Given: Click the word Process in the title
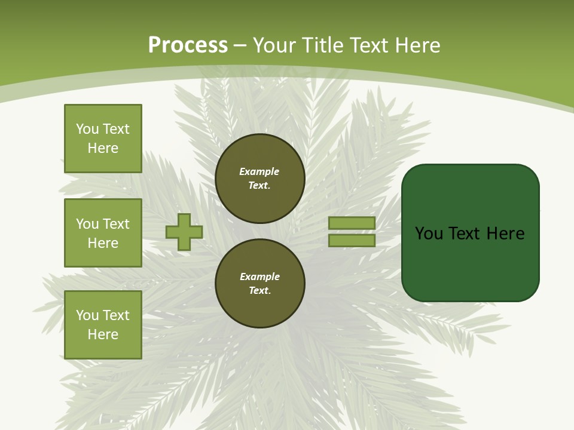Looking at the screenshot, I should coord(188,45).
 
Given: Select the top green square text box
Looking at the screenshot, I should coord(103,139).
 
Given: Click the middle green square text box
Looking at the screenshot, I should coord(103,233).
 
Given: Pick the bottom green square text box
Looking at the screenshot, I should coord(103,325).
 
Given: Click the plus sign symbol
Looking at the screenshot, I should coord(184,232).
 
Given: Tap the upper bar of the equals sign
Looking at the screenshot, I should coord(352,223).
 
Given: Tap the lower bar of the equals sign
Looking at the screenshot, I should coord(352,241).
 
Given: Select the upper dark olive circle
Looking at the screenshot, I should coord(259,179).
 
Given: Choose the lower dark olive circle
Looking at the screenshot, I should coord(259,284).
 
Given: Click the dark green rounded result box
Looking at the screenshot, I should coord(470,233).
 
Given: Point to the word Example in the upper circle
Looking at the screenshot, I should coord(259,171).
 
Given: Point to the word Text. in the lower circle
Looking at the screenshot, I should coord(259,291).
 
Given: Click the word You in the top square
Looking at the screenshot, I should coord(87,129).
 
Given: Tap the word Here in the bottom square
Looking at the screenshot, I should coord(103,334).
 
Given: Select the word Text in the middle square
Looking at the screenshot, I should coord(116,224).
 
